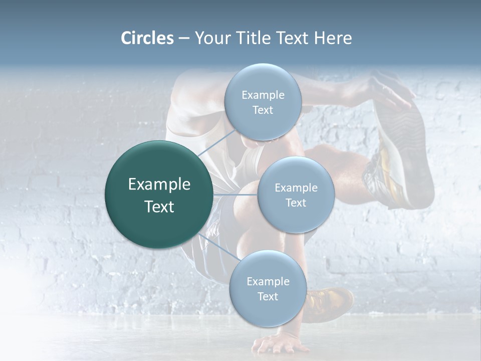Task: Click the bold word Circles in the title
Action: click(x=147, y=38)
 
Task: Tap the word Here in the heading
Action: click(x=333, y=38)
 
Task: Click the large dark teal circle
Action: click(x=159, y=195)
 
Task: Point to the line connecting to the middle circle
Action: click(x=235, y=195)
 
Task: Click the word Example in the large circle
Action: click(x=159, y=185)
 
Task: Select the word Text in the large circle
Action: click(x=159, y=207)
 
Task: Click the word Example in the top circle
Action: click(x=263, y=95)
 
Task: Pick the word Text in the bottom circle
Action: click(x=268, y=296)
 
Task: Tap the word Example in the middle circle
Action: click(x=296, y=188)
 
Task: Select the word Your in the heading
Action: click(x=211, y=38)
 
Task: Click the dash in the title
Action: click(x=184, y=38)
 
